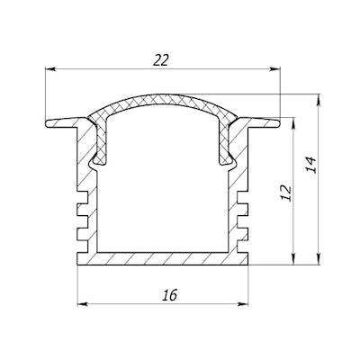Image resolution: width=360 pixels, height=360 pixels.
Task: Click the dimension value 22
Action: [162, 59]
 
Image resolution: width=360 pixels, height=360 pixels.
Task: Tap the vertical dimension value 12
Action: [286, 193]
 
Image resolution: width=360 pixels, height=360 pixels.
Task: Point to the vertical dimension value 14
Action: [310, 165]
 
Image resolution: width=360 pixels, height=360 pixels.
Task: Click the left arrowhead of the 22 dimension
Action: [49, 69]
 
